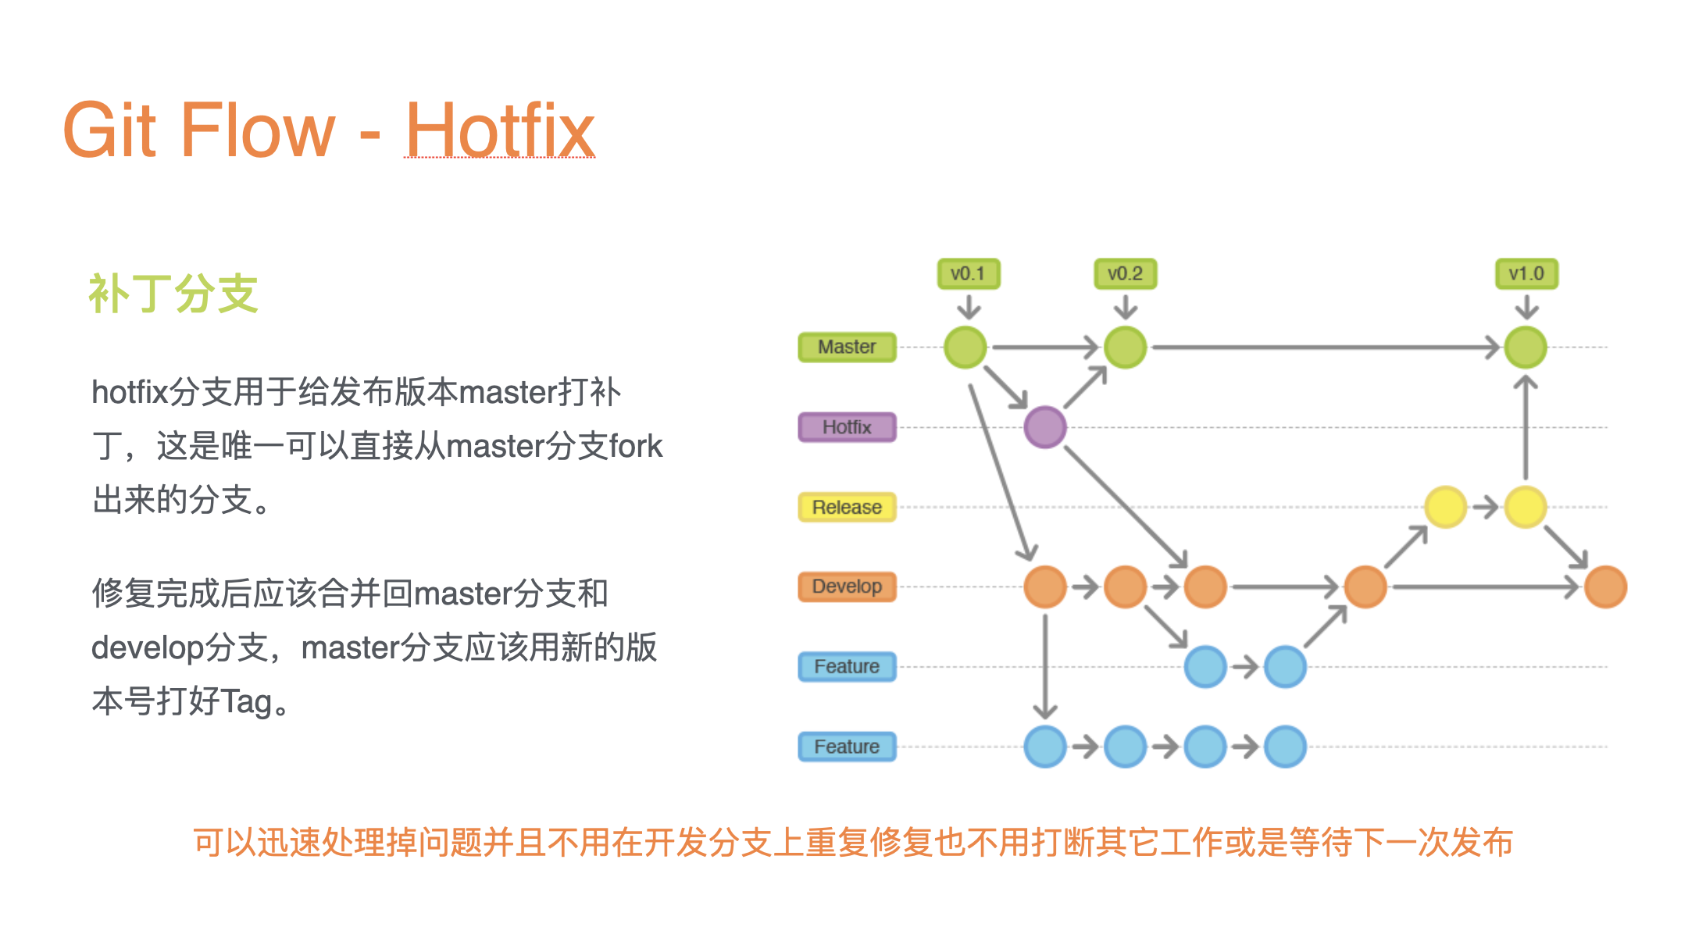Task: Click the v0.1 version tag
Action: click(969, 274)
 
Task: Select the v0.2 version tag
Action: click(1126, 274)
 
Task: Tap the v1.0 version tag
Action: click(1526, 274)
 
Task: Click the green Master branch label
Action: click(847, 347)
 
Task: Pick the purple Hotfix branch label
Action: click(847, 427)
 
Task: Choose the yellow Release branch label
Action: click(847, 507)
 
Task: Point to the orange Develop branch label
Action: click(847, 587)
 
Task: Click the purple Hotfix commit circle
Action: click(1045, 427)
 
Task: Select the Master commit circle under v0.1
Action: click(965, 347)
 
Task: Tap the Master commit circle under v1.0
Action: click(1526, 347)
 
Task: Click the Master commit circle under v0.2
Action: click(1126, 347)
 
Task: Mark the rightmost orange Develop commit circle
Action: click(1606, 587)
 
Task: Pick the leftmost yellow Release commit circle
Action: click(1446, 507)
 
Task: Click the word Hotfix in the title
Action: click(500, 130)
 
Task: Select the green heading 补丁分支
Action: click(173, 294)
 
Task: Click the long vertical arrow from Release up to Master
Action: click(1526, 427)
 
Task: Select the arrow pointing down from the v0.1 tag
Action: click(969, 307)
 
